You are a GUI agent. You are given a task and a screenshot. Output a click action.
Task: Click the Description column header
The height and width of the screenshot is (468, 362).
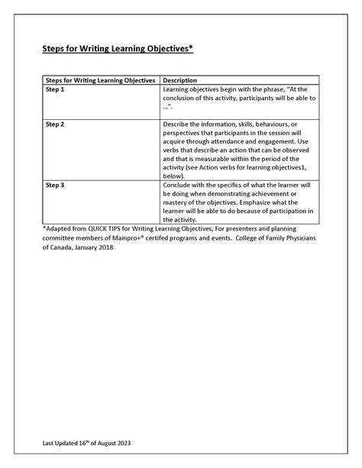coord(182,80)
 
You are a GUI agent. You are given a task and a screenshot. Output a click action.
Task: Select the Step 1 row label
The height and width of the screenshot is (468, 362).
coord(55,90)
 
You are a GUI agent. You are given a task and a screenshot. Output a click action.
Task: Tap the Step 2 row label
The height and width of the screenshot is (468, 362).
coord(55,124)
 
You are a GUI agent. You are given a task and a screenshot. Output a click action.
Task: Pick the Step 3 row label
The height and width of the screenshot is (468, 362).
coord(55,184)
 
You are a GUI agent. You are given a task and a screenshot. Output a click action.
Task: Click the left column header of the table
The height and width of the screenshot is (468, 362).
coord(101,80)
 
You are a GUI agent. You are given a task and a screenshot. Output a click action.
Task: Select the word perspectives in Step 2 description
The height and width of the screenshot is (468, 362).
coord(187,132)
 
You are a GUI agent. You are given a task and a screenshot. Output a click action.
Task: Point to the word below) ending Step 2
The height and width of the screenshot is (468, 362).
coord(176,175)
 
